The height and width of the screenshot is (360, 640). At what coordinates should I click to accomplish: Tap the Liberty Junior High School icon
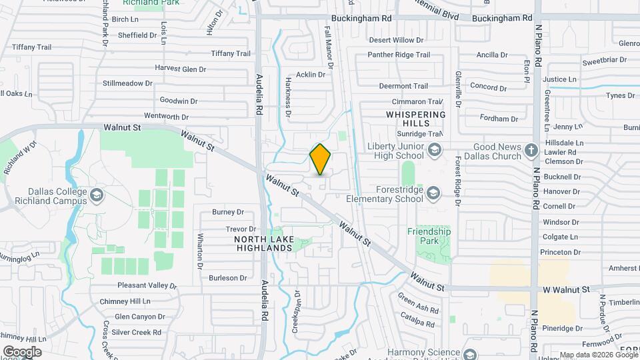[435, 149]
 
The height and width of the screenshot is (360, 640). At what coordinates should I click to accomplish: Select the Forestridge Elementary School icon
[435, 193]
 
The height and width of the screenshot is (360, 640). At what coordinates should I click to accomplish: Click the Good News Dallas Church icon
[531, 149]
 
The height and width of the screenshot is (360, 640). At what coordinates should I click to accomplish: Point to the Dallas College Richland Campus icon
[97, 195]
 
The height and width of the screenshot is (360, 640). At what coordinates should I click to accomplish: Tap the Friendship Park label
[429, 236]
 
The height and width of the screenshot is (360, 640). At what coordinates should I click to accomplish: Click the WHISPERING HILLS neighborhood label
[415, 119]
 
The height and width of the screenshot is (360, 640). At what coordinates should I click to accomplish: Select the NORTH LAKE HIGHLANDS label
[264, 243]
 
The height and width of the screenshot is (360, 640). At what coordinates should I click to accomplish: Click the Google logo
[22, 351]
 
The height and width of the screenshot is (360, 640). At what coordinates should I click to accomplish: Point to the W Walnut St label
[565, 290]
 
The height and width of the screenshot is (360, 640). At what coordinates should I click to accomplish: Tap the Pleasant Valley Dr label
[147, 286]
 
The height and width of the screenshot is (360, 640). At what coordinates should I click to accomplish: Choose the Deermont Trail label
[403, 86]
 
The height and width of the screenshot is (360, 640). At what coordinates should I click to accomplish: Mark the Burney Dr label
[228, 213]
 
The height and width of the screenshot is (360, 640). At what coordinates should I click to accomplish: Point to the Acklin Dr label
[311, 75]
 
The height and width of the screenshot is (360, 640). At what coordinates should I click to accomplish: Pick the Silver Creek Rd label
[138, 332]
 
